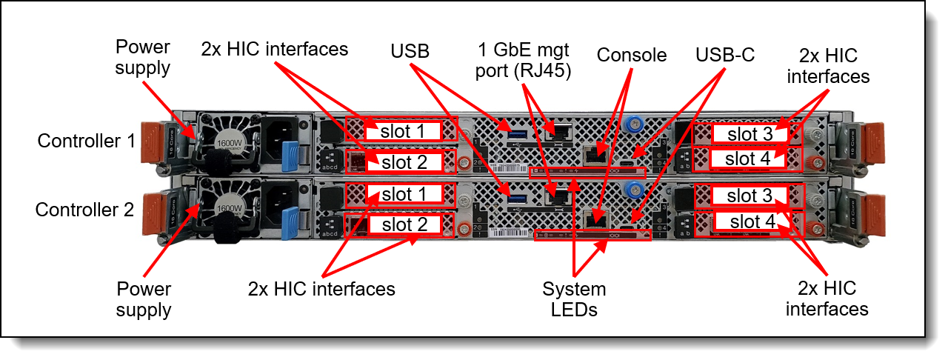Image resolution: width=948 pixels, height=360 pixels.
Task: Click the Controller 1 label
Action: (x=87, y=141)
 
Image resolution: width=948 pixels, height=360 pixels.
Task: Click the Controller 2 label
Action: (x=84, y=210)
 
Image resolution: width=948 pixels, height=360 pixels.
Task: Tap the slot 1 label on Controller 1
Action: (x=402, y=131)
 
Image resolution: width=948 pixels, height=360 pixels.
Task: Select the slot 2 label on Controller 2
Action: (x=404, y=224)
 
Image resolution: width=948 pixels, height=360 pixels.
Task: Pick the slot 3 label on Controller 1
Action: (x=750, y=134)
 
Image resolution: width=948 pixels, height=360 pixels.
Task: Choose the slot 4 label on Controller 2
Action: (x=752, y=221)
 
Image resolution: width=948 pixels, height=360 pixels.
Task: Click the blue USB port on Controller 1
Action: (x=518, y=135)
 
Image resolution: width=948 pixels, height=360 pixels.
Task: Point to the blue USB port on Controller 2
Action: (x=518, y=199)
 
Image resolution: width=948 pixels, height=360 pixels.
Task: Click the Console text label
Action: (x=632, y=55)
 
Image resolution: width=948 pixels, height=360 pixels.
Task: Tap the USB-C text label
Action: (x=725, y=55)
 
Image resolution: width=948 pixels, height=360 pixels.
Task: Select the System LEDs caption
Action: (x=574, y=299)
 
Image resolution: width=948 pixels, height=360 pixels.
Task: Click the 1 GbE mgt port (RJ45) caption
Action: (x=523, y=60)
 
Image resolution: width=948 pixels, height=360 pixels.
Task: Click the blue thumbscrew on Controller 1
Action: (x=633, y=124)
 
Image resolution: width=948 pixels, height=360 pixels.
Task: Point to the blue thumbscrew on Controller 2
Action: (x=635, y=190)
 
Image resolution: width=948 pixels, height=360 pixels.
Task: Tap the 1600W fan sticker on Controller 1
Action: (x=229, y=144)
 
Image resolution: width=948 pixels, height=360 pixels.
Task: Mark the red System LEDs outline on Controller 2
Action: (x=592, y=235)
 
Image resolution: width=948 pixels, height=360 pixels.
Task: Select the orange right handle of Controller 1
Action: (x=875, y=143)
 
